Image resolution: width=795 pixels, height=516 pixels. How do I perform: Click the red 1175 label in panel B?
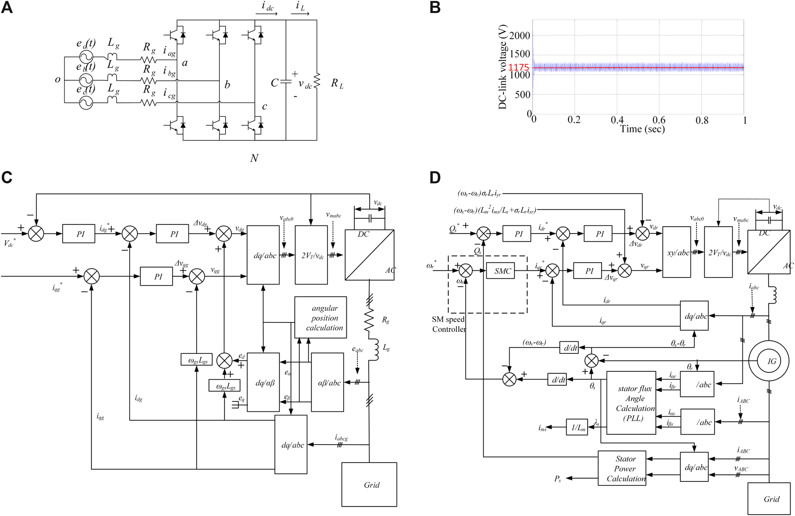point(519,68)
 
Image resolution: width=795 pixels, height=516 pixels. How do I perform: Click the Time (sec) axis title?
point(642,129)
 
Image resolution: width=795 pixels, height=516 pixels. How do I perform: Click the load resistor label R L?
point(337,84)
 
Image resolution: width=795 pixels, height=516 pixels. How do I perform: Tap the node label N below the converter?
point(254,158)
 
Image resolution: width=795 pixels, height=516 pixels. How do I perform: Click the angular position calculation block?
point(321,318)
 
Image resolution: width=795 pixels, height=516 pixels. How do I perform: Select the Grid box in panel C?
point(369,484)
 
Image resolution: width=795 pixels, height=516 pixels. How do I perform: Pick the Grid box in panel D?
point(769,498)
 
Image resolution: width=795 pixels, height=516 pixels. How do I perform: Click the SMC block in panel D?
point(502,271)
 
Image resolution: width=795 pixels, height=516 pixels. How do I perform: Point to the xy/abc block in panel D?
point(677,252)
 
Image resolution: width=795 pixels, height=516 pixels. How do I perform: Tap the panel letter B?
point(435,8)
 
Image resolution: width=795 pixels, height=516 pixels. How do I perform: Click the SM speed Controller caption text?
point(448,324)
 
